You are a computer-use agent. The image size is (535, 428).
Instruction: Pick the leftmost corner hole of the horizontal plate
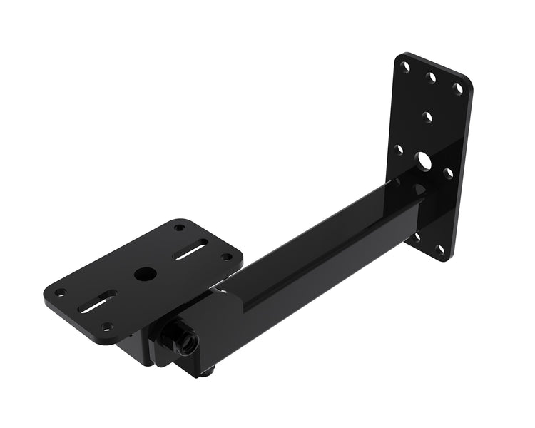[x=62, y=292]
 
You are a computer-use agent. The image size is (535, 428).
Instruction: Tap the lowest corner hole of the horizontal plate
[x=107, y=326]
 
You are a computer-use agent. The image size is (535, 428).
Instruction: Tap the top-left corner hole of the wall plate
[x=405, y=67]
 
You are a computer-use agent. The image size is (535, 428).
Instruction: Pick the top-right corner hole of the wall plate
[x=459, y=89]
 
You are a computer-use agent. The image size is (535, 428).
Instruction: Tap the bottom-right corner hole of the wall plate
[x=440, y=249]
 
